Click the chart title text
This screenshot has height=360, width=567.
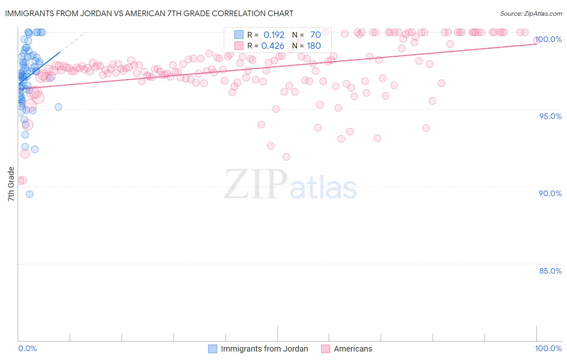(149, 13)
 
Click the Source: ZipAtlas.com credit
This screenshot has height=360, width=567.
(531, 13)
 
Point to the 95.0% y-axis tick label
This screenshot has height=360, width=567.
(550, 116)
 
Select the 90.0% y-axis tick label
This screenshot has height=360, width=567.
(550, 193)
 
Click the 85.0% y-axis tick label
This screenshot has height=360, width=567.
(550, 271)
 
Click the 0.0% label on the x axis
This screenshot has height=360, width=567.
(27, 348)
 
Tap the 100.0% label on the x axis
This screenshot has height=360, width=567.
(548, 348)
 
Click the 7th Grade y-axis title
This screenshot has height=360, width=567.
(11, 184)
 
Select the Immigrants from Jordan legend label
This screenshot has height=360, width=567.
(264, 349)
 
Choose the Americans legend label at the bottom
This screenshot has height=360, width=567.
(353, 349)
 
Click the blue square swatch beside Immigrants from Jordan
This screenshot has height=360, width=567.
(213, 349)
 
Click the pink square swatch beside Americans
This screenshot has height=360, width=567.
(325, 349)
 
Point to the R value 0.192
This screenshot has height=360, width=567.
(274, 35)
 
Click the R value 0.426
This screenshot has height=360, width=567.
(273, 46)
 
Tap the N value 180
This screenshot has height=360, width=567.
(314, 46)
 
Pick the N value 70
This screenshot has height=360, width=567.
(315, 35)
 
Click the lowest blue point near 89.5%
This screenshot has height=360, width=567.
(29, 194)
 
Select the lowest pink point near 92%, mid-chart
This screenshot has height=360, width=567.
(286, 157)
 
